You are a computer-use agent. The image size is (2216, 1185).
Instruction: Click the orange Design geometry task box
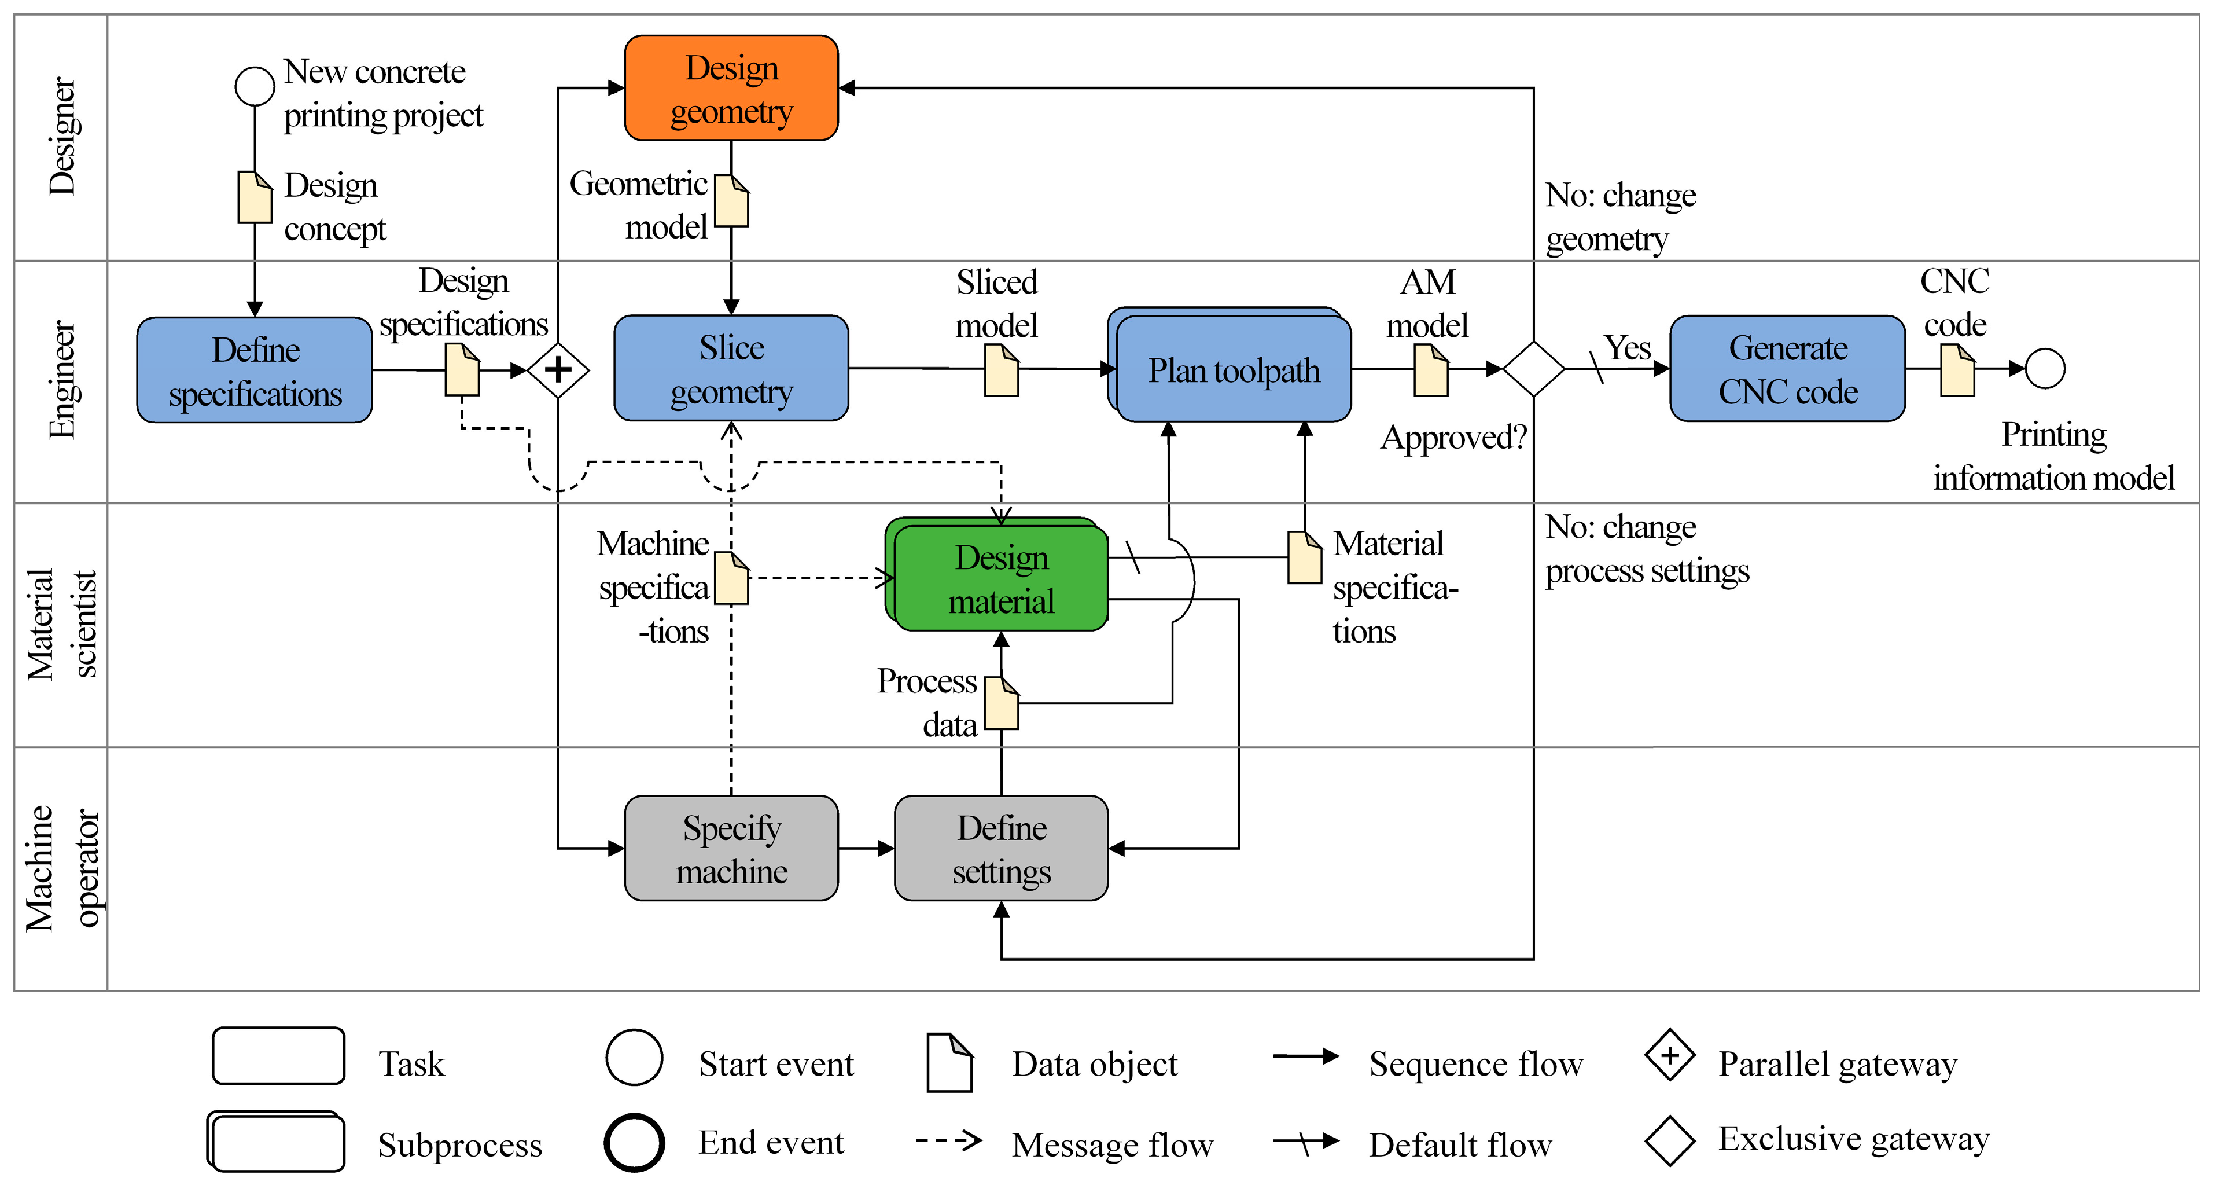(x=730, y=89)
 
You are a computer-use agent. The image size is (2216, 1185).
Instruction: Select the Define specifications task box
(x=255, y=370)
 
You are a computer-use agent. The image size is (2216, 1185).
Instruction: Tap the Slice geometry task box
(x=730, y=368)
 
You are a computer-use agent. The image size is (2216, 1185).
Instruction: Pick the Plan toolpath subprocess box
(x=1233, y=370)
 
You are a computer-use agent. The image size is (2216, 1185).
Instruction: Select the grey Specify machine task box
(x=730, y=849)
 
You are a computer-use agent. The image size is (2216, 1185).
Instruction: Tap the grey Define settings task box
(x=1000, y=849)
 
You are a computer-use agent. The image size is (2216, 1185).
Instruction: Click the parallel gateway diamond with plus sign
(x=558, y=370)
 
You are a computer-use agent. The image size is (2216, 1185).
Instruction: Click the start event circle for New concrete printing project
(x=255, y=87)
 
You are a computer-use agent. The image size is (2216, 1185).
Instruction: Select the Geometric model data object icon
(x=731, y=200)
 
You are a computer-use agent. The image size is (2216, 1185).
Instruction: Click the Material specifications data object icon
(x=1304, y=557)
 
